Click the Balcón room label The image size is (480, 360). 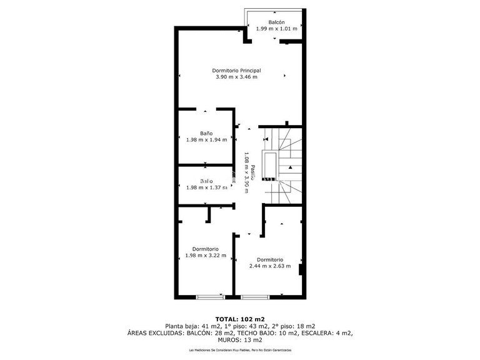click(x=277, y=22)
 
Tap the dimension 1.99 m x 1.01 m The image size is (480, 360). click(x=277, y=29)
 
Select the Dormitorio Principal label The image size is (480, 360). click(x=236, y=71)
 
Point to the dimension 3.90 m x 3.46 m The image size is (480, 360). click(x=236, y=77)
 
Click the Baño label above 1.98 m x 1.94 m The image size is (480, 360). click(x=206, y=133)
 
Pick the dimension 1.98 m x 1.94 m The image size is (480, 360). click(x=206, y=139)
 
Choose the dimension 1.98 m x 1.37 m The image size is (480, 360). click(x=206, y=187)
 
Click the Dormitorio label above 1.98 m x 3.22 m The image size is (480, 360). click(x=205, y=249)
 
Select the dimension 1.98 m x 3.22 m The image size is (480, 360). click(x=205, y=255)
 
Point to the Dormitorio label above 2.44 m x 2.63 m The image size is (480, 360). click(x=270, y=259)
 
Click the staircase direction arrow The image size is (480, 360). click(x=290, y=167)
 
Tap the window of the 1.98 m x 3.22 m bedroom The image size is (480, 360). click(x=209, y=296)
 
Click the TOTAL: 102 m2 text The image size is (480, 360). click(x=240, y=319)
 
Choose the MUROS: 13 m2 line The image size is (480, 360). click(x=240, y=340)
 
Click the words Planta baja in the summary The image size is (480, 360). click(x=181, y=326)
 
